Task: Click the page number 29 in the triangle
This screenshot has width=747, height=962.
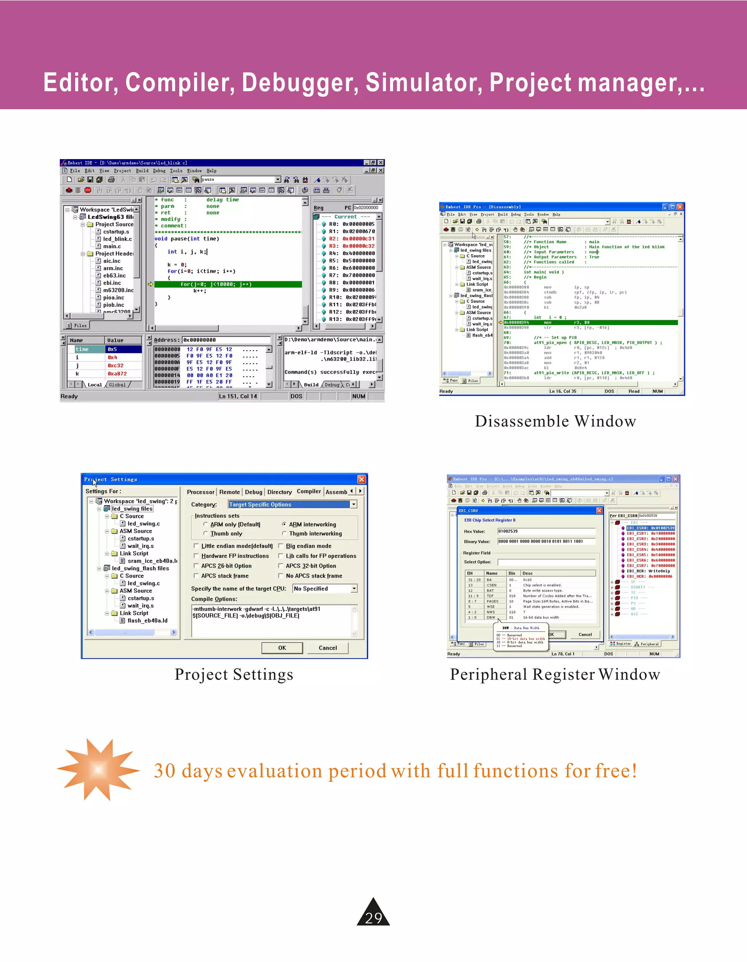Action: pos(373,917)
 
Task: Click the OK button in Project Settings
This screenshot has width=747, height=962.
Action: pos(282,647)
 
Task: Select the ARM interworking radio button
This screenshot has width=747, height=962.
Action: pos(285,524)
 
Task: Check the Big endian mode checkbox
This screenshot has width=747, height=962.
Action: pos(281,546)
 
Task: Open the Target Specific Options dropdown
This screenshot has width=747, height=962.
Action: pos(353,504)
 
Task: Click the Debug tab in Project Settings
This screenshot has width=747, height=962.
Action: pos(253,492)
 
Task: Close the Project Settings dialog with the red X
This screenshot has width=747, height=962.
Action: pos(361,479)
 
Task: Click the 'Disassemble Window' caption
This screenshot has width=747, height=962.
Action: pos(556,421)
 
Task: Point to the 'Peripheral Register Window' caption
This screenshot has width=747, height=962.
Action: pos(555,674)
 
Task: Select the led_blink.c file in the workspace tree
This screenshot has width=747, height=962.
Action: pos(117,239)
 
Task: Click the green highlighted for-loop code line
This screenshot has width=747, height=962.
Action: pos(228,284)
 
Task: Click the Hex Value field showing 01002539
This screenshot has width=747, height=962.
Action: pos(546,531)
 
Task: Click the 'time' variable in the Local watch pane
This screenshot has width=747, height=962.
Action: pos(82,349)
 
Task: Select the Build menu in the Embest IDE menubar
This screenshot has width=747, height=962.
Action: pos(142,171)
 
